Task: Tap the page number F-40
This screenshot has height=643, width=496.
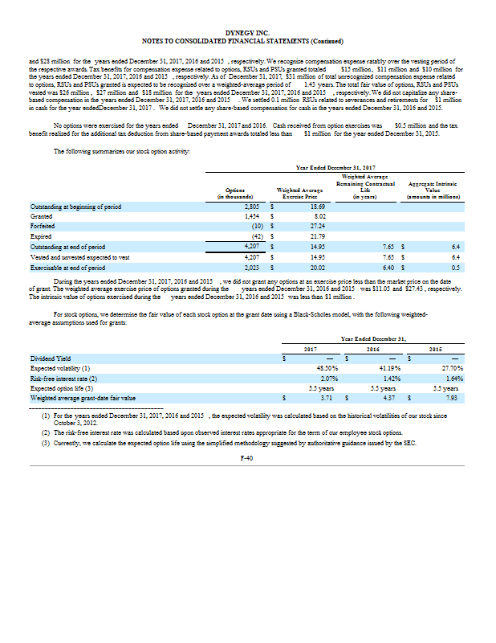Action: pos(247,457)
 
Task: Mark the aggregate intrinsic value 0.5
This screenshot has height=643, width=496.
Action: pos(455,267)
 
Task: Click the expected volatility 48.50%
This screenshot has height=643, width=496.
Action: pos(323,367)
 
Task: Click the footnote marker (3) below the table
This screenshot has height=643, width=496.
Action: pos(47,443)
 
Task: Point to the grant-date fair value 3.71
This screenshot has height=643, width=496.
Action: pos(325,397)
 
